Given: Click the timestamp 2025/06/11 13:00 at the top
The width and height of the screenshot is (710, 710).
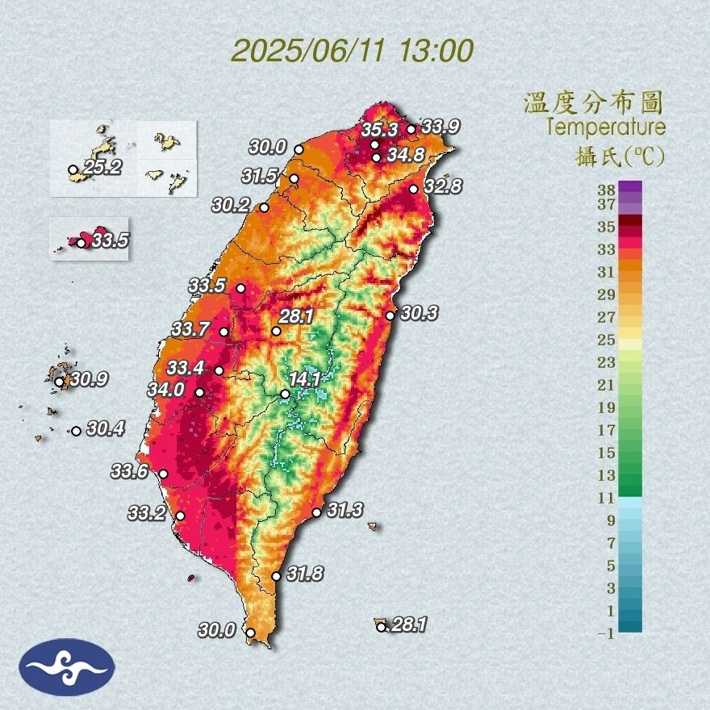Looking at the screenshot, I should (x=353, y=51).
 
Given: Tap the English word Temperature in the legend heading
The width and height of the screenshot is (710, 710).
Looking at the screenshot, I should (x=605, y=127).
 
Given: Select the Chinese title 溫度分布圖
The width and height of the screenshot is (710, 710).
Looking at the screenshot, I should (x=594, y=102).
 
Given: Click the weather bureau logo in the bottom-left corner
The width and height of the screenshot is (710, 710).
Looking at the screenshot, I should (x=67, y=666).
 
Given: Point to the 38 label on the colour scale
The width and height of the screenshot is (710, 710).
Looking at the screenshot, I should (x=607, y=190).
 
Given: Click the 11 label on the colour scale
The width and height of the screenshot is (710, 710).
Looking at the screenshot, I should (x=607, y=498).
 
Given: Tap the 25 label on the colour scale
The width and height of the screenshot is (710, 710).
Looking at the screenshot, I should (x=607, y=340).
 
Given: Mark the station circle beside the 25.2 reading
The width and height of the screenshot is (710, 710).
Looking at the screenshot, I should (x=73, y=170).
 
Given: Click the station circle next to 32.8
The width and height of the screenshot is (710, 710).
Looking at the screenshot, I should (x=413, y=189).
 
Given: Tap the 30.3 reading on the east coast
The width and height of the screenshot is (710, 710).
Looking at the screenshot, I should (x=419, y=313).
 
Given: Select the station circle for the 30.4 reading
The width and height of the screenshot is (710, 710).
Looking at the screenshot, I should (x=76, y=431).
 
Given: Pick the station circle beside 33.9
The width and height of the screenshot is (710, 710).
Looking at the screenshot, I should (x=411, y=129).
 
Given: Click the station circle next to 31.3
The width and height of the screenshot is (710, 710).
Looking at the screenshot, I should (x=316, y=512).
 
